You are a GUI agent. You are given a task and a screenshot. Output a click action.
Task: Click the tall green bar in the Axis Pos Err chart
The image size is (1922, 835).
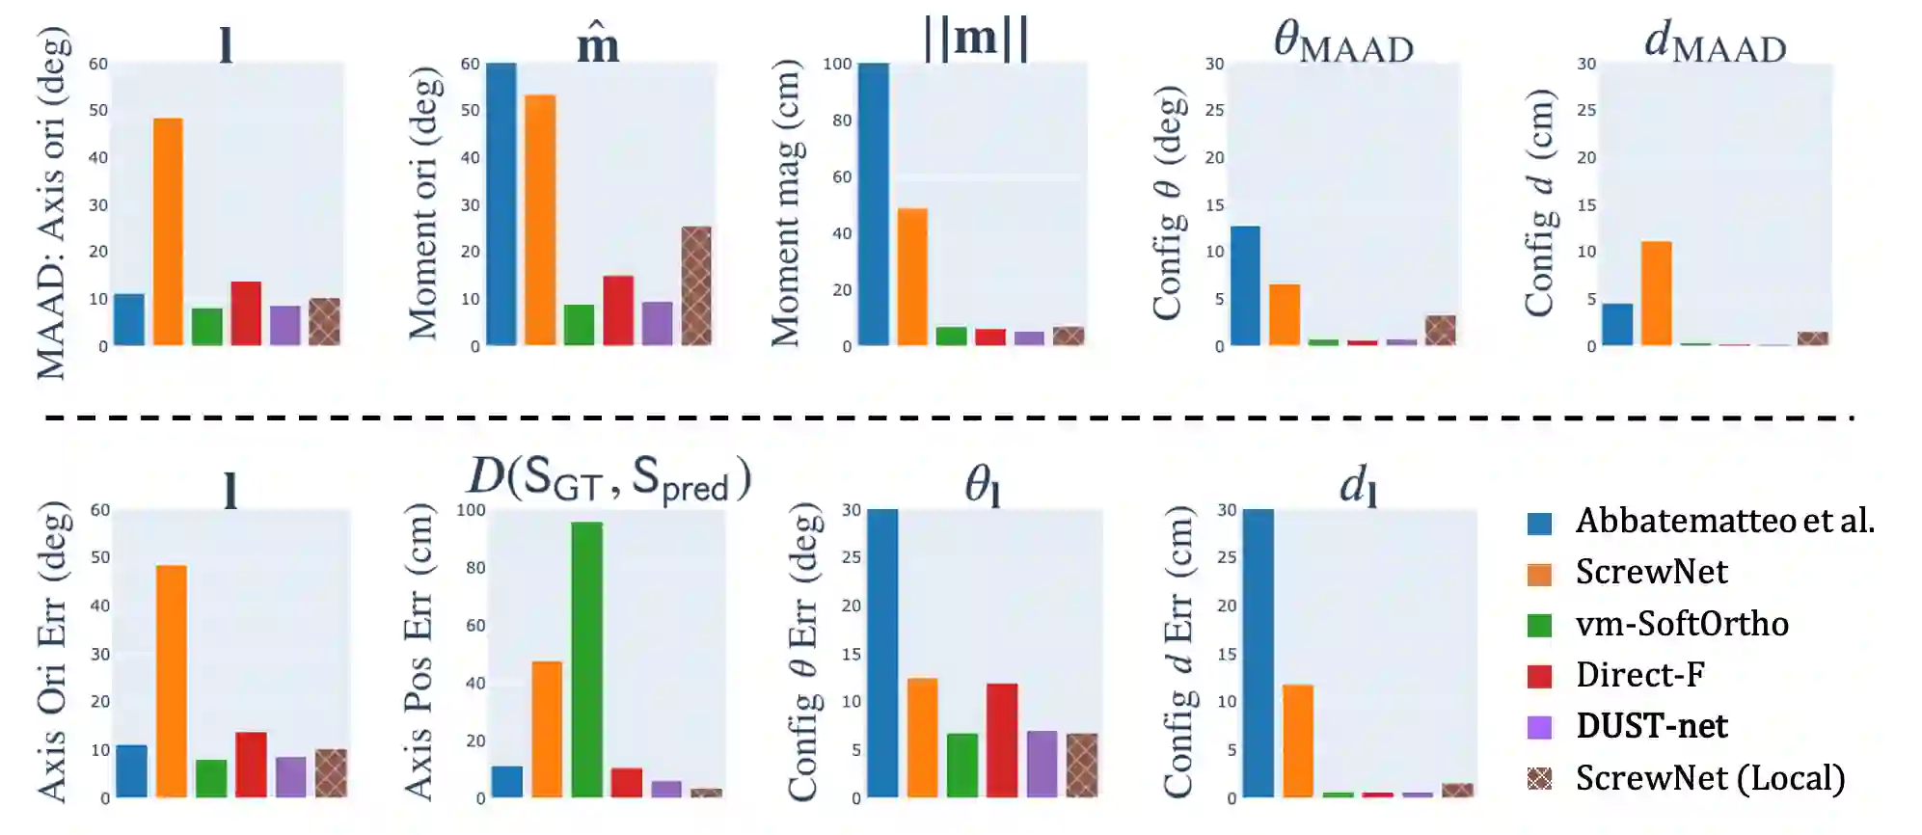click(x=586, y=660)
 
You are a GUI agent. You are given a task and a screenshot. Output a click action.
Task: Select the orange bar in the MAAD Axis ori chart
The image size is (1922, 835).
click(x=168, y=231)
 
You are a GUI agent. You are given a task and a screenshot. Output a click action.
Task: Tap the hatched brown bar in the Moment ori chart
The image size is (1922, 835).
click(x=696, y=285)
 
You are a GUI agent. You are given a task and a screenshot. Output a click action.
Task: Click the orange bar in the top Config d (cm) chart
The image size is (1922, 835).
click(x=1656, y=293)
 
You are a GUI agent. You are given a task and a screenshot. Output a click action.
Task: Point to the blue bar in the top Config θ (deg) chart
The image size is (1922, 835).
click(x=1245, y=285)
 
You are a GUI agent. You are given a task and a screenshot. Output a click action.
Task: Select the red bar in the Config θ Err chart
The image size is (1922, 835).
click(x=1002, y=741)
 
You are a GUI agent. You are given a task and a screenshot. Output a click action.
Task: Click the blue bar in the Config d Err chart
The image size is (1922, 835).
click(x=1258, y=653)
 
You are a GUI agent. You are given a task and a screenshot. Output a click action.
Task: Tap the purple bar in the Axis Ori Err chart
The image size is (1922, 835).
click(x=290, y=777)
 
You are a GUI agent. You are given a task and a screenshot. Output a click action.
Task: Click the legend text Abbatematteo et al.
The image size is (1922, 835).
click(x=1724, y=521)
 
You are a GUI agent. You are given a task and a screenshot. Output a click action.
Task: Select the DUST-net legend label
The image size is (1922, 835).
click(x=1651, y=726)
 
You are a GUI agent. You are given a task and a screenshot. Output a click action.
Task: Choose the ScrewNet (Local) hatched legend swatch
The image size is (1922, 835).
click(x=1539, y=778)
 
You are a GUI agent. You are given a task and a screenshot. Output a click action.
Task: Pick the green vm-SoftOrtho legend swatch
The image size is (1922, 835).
click(x=1539, y=625)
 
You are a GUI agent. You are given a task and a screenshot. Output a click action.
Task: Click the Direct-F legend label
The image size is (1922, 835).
click(x=1639, y=675)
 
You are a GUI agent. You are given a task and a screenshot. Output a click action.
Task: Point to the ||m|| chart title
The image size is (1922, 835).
click(x=976, y=39)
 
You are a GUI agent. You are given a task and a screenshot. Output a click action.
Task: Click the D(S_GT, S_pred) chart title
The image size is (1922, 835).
click(x=609, y=478)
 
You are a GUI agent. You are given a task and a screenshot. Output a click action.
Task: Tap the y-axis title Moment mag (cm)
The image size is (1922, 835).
click(x=786, y=203)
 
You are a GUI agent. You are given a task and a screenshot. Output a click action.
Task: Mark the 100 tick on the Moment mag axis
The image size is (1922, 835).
click(x=837, y=64)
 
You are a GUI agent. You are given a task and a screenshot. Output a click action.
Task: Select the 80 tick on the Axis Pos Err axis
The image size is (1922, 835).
click(x=475, y=568)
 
